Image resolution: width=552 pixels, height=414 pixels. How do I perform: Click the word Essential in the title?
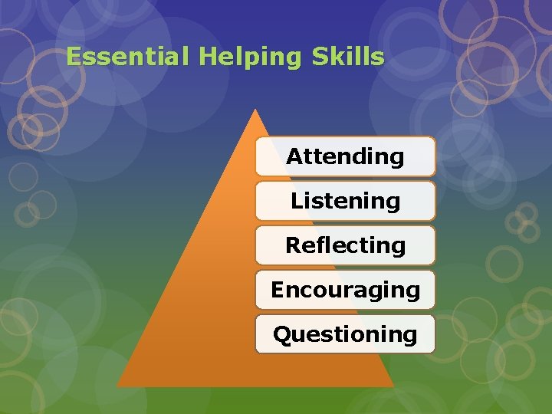click(127, 57)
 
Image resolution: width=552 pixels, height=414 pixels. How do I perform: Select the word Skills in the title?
click(354, 57)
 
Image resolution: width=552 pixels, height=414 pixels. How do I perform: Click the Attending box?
click(345, 156)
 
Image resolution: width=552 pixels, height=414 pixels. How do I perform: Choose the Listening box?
click(345, 201)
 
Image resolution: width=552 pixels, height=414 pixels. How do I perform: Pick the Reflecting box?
click(345, 245)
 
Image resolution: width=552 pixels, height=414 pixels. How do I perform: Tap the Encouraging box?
click(345, 290)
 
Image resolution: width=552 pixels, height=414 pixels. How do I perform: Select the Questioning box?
click(345, 334)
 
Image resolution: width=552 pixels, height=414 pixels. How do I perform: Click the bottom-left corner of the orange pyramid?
click(117, 386)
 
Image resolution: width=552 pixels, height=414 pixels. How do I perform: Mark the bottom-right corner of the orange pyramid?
click(393, 386)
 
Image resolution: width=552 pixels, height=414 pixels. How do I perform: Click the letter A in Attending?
click(294, 156)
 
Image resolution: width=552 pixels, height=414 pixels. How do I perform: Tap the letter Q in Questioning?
click(282, 334)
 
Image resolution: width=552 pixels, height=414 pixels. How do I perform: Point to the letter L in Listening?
click(296, 201)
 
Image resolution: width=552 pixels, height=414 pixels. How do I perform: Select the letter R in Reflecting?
click(293, 245)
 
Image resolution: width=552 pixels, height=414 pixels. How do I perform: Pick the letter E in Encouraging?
click(277, 290)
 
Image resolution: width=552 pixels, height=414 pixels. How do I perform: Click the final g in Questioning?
click(410, 337)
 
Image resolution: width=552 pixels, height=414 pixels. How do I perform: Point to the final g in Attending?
click(396, 159)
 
